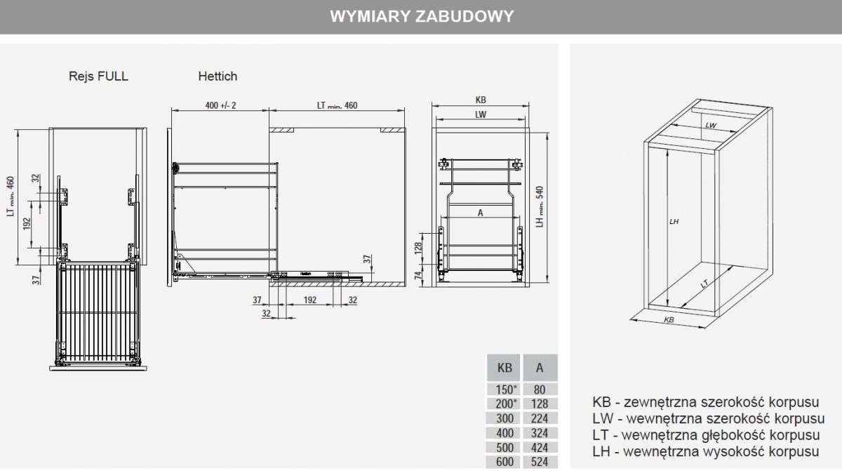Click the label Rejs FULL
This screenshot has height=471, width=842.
(98, 76)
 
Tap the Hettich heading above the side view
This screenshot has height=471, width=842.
(217, 76)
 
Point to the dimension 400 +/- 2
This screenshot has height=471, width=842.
(220, 105)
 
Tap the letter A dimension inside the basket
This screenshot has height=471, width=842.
(481, 215)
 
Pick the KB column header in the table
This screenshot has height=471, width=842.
(504, 368)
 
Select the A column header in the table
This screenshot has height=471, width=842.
(540, 368)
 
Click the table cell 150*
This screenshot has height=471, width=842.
(504, 390)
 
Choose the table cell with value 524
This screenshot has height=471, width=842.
(540, 462)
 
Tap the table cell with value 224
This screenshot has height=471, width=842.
(540, 418)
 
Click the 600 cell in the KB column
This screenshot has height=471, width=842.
(504, 462)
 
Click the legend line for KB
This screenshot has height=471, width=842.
(707, 404)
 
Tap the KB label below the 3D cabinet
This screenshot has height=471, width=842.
(669, 320)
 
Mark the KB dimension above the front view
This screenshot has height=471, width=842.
(481, 100)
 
